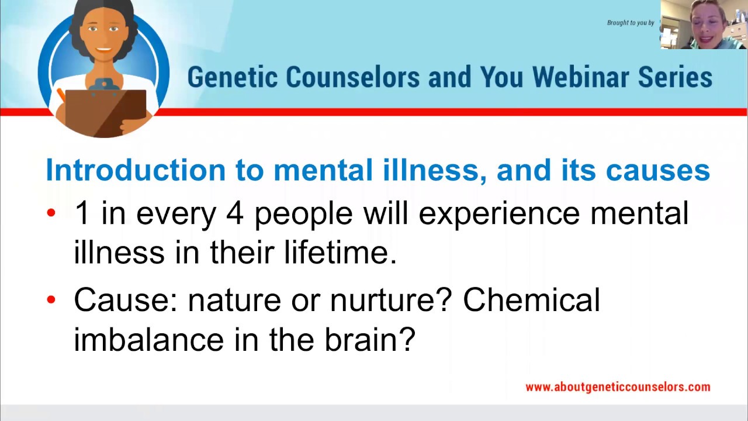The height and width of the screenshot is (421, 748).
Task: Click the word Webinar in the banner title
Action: click(580, 77)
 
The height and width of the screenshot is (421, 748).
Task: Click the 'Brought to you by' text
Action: click(631, 23)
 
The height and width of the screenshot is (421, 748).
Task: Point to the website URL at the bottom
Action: click(618, 387)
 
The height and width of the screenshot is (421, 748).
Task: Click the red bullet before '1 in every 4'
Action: click(51, 212)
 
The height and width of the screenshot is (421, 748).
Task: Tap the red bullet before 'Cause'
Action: click(51, 299)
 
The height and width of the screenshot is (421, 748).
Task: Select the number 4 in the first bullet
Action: click(235, 213)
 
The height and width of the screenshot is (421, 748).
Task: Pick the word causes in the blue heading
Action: click(658, 170)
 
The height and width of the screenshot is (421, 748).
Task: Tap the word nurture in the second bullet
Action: click(390, 300)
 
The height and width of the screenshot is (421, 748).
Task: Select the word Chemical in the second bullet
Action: click(531, 299)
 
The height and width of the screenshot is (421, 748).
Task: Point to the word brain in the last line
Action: click(370, 340)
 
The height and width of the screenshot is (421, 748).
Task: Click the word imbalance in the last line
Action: click(148, 340)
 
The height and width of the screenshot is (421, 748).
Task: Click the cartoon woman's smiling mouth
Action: click(103, 50)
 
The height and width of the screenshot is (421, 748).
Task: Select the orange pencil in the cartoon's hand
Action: click(61, 95)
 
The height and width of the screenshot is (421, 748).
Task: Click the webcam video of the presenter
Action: click(704, 25)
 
